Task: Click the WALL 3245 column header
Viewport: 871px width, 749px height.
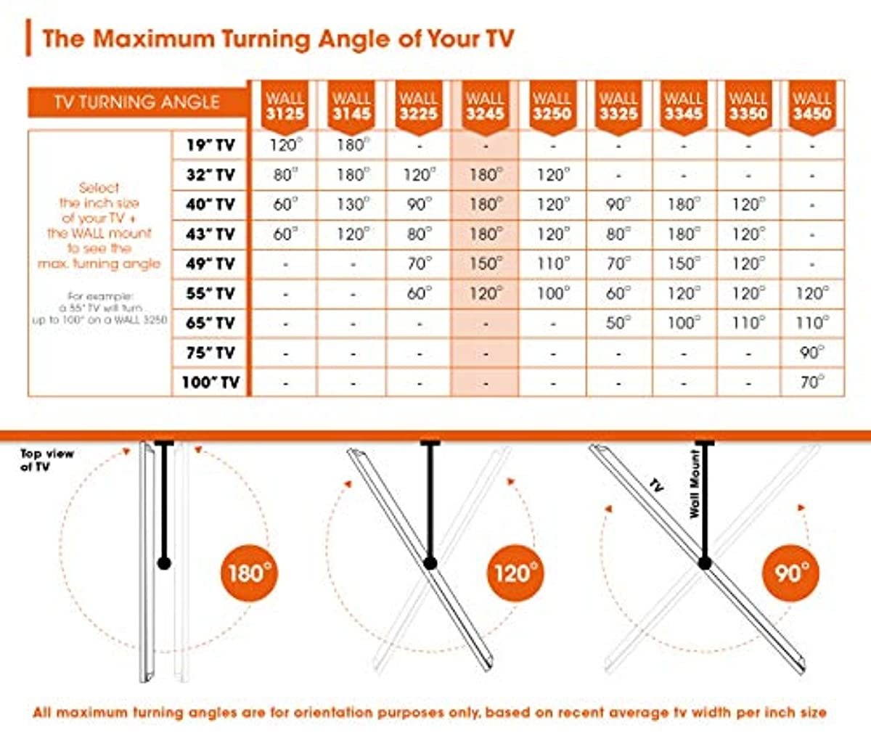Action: (x=484, y=106)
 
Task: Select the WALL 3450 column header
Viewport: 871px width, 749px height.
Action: (x=811, y=106)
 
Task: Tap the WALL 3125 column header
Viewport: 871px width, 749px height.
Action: (x=285, y=106)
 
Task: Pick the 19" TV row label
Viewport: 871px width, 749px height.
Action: (x=210, y=145)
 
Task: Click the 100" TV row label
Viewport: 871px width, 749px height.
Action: (x=210, y=382)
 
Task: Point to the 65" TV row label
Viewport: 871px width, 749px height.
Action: (x=210, y=323)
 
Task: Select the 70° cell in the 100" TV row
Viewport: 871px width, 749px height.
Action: (x=811, y=382)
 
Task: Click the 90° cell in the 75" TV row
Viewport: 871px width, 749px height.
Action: (x=811, y=352)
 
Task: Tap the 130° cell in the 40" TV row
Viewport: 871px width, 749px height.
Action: (x=351, y=205)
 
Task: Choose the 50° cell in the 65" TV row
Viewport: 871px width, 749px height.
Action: (x=618, y=323)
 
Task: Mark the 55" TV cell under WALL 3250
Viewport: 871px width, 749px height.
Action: (x=552, y=293)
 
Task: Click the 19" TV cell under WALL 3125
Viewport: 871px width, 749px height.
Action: (x=285, y=145)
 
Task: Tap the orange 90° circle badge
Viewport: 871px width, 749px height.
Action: (x=791, y=573)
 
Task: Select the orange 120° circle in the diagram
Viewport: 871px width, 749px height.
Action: (x=515, y=573)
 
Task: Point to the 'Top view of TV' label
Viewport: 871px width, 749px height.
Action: (x=46, y=460)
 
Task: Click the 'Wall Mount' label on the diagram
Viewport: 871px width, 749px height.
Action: (x=695, y=483)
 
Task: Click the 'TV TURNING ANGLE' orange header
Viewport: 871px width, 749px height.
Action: (x=136, y=102)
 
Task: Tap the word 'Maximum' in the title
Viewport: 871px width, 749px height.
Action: (x=153, y=38)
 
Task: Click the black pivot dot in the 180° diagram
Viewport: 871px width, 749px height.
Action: (x=164, y=562)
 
